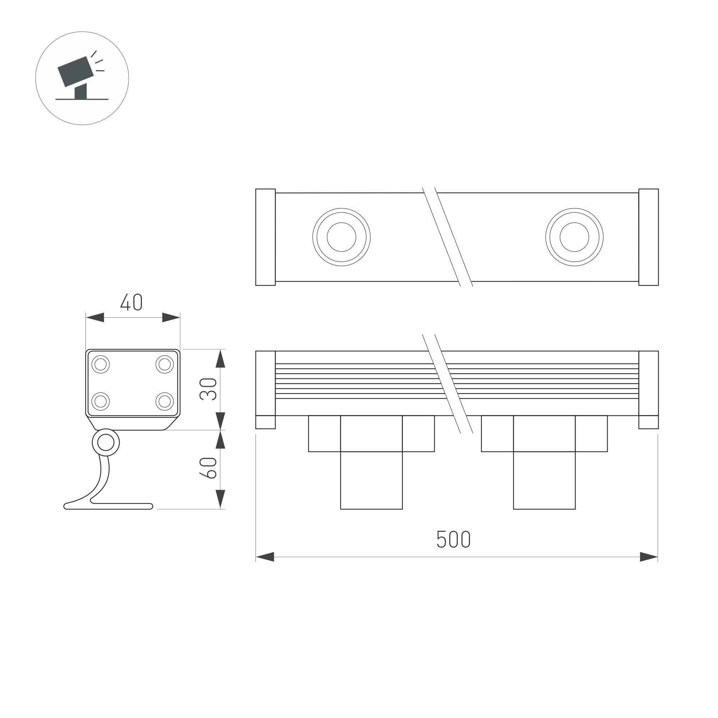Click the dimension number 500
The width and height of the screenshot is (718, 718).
(453, 539)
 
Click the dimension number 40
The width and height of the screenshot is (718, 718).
(131, 302)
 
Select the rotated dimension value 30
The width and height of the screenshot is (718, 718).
(208, 389)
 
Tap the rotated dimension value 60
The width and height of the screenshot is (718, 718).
(208, 468)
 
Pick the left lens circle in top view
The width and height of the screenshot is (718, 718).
(341, 237)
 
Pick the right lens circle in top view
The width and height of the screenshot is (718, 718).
(574, 237)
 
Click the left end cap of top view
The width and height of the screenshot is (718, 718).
(265, 237)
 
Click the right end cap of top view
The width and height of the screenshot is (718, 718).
(649, 237)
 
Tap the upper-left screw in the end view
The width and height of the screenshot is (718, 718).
(100, 364)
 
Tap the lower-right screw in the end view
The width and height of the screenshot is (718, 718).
(165, 401)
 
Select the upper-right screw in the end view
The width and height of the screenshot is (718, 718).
(165, 364)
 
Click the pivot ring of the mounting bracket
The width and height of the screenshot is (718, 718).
(106, 443)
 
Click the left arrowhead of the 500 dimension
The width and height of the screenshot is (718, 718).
(265, 557)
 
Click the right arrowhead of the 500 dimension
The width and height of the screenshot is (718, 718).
(649, 557)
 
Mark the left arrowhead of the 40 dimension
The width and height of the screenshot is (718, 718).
(95, 317)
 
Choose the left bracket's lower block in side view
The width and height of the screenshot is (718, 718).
(371, 480)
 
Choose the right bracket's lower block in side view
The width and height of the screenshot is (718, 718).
(544, 480)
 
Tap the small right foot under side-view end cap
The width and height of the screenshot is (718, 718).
(649, 422)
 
